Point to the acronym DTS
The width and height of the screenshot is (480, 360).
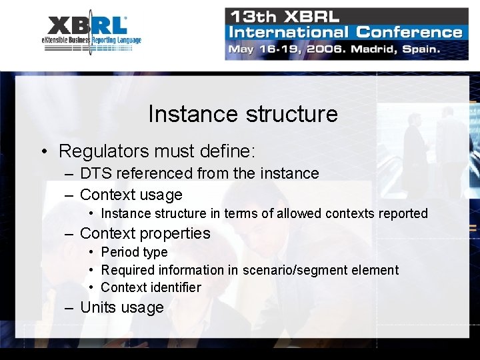tap(94, 173)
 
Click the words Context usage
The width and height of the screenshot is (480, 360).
tap(131, 195)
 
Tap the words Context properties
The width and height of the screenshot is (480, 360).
tap(145, 233)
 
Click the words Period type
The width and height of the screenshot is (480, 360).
tap(134, 252)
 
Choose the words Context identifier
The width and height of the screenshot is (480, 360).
tap(151, 287)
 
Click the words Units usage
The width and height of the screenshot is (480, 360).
tap(121, 307)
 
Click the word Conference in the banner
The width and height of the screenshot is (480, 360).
tap(409, 31)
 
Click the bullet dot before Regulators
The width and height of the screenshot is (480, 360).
tap(43, 151)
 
